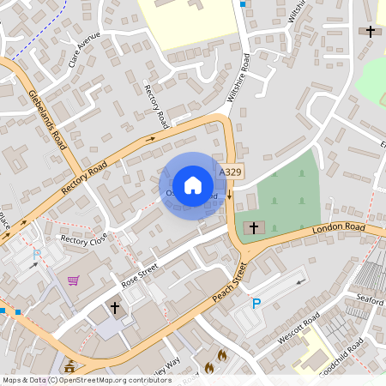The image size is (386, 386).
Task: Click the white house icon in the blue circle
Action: [193, 184]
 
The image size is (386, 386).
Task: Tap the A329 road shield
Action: [230, 172]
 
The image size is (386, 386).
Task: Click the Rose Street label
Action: [141, 274]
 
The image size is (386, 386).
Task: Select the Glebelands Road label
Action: [46, 119]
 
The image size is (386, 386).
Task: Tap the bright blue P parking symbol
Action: [256, 303]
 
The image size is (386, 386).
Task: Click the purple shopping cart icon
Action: [74, 280]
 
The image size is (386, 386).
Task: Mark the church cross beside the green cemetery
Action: [253, 228]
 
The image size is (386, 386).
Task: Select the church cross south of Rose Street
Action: [114, 306]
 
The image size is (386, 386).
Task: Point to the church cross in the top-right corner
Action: [371, 32]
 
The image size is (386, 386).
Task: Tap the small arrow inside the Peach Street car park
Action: [300, 280]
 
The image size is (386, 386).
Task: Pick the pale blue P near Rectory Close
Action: [36, 254]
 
